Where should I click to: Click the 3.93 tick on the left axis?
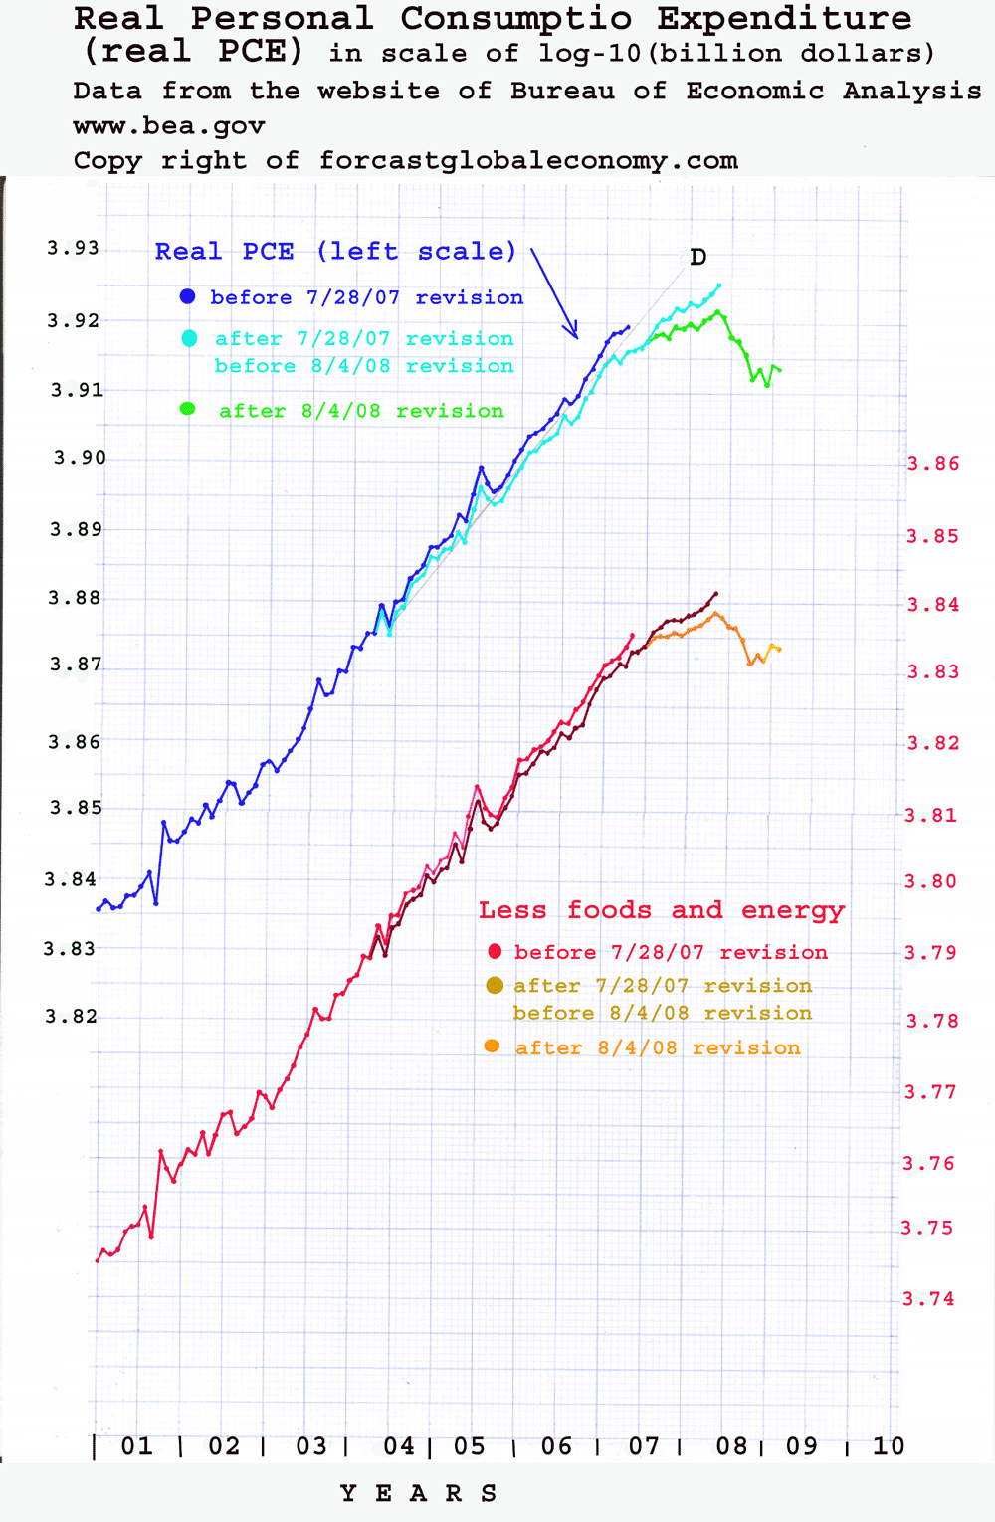pyautogui.click(x=74, y=248)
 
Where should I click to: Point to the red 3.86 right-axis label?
pyautogui.click(x=933, y=464)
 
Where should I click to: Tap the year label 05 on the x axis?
pyautogui.click(x=470, y=1446)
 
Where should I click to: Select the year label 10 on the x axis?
pyautogui.click(x=889, y=1446)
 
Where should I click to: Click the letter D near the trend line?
pyautogui.click(x=698, y=258)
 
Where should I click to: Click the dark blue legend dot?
pyautogui.click(x=187, y=296)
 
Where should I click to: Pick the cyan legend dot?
pyautogui.click(x=189, y=339)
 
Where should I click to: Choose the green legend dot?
pyautogui.click(x=187, y=409)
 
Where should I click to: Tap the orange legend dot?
pyautogui.click(x=492, y=1046)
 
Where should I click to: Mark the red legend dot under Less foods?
pyautogui.click(x=495, y=952)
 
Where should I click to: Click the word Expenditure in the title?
pyautogui.click(x=784, y=18)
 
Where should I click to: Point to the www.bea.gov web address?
pyautogui.click(x=169, y=127)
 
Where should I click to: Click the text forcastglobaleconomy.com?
pyautogui.click(x=528, y=161)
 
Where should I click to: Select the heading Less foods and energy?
pyautogui.click(x=661, y=910)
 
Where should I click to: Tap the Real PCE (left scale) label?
pyautogui.click(x=335, y=252)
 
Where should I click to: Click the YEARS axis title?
pyautogui.click(x=418, y=1493)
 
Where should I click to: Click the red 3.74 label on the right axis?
pyautogui.click(x=928, y=1298)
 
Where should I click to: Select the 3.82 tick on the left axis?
pyautogui.click(x=72, y=1016)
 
